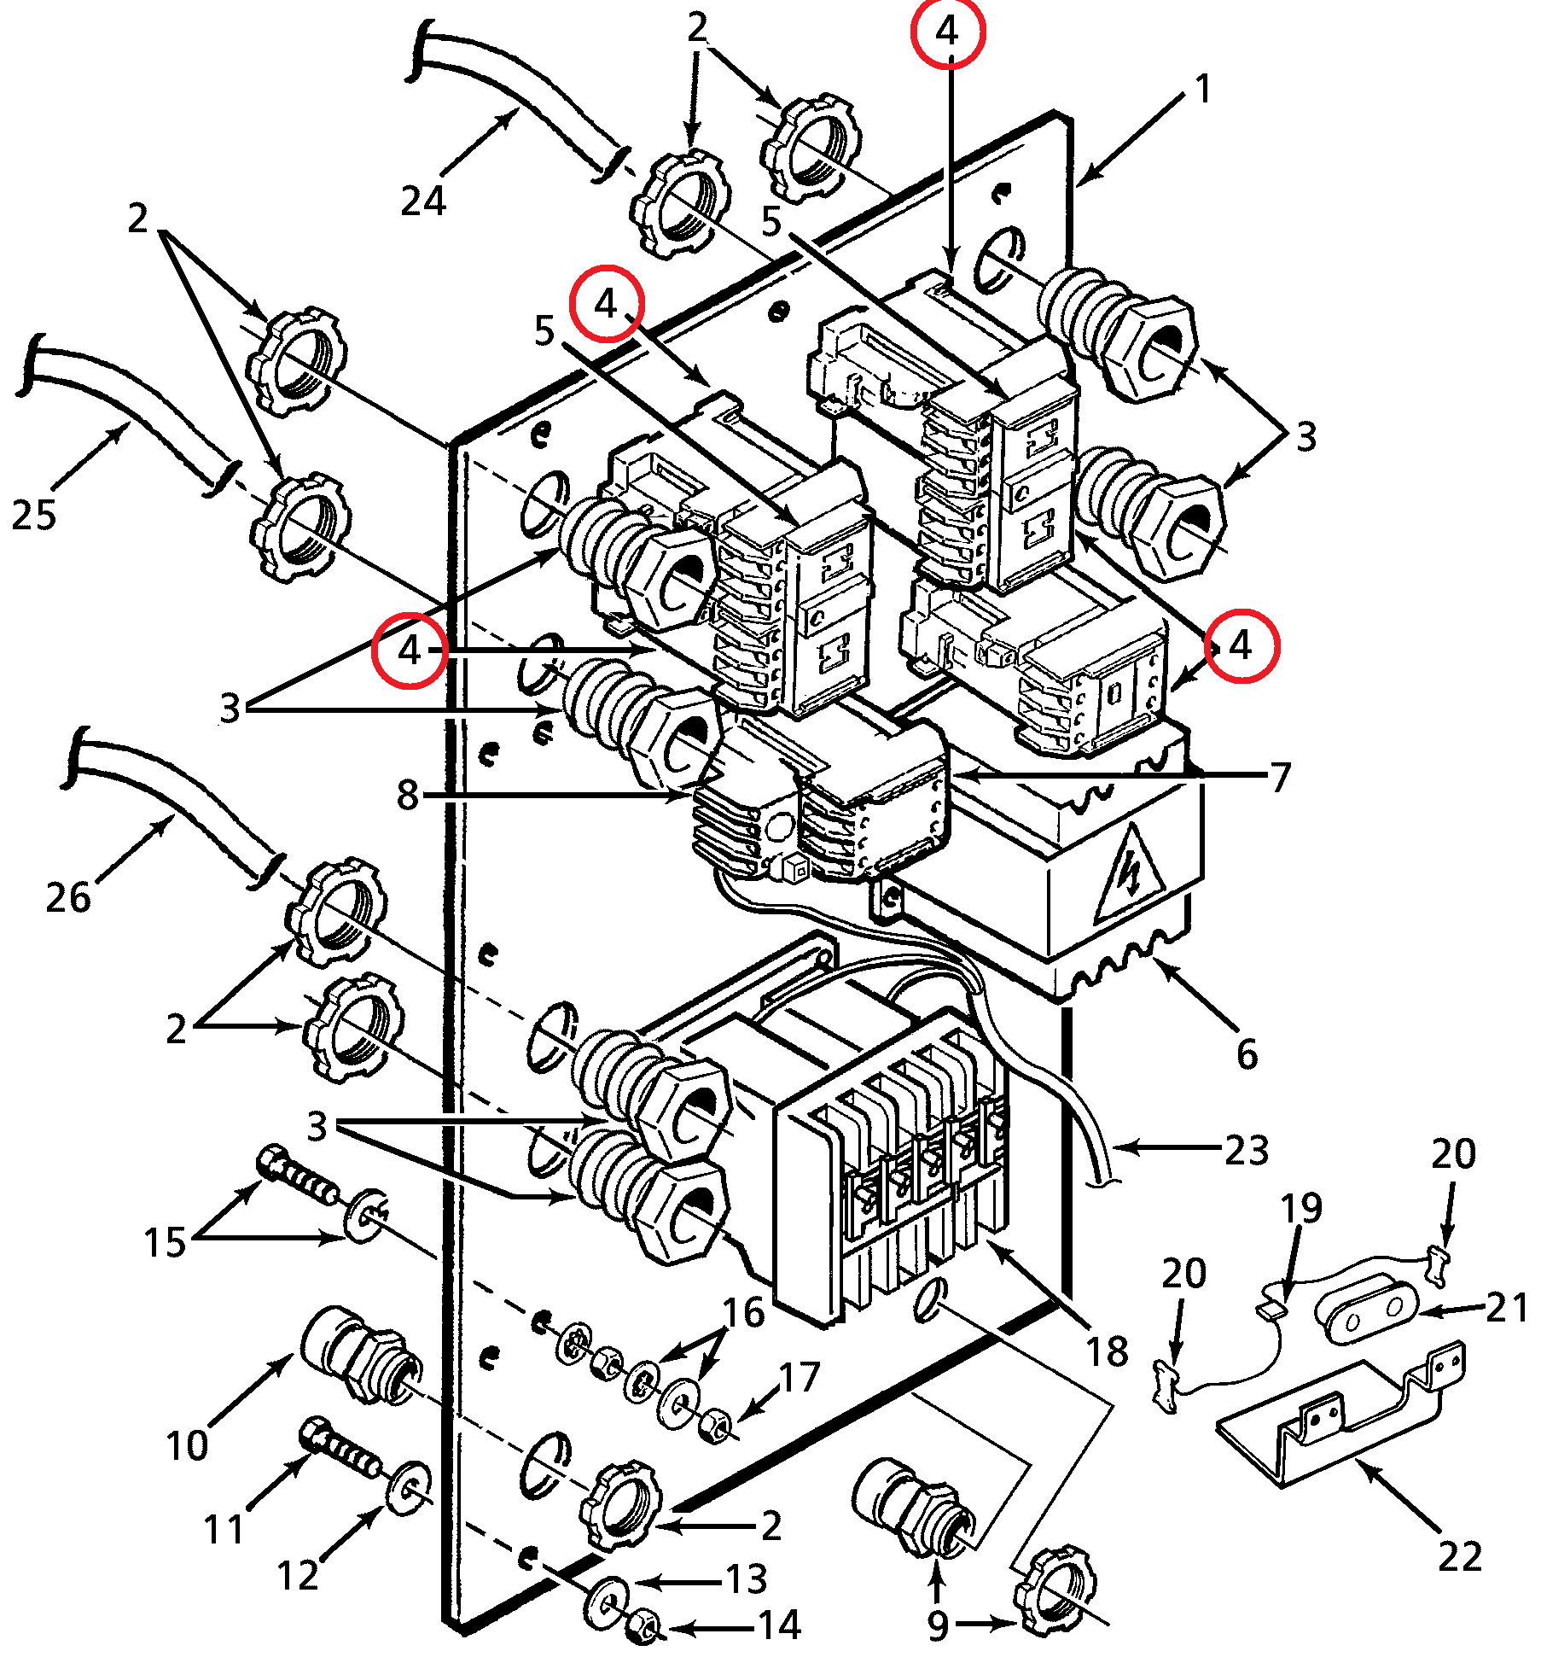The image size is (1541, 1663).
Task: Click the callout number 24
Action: click(x=424, y=201)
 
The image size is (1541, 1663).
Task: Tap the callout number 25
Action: click(x=34, y=515)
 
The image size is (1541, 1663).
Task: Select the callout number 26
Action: click(x=68, y=897)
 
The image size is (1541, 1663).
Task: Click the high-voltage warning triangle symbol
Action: click(x=1129, y=876)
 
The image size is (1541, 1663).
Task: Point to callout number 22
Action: click(x=1460, y=1556)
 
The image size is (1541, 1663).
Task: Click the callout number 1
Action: click(x=1203, y=89)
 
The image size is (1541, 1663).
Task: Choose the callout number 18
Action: click(x=1107, y=1351)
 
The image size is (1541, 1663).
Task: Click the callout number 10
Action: click(x=187, y=1445)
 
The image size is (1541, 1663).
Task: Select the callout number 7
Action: click(x=1280, y=778)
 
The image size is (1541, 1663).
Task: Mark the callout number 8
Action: click(x=408, y=795)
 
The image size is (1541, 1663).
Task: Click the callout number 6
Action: click(x=1247, y=1055)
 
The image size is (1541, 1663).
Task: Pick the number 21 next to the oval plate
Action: click(x=1507, y=1307)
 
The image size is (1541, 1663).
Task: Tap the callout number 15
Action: click(x=165, y=1243)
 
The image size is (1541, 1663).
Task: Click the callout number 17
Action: click(x=800, y=1378)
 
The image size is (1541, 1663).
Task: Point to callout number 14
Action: click(x=780, y=1625)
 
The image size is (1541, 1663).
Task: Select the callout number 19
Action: click(x=1301, y=1209)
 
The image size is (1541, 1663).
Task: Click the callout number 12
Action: click(x=298, y=1576)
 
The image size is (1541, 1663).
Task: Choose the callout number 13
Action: click(x=747, y=1579)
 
